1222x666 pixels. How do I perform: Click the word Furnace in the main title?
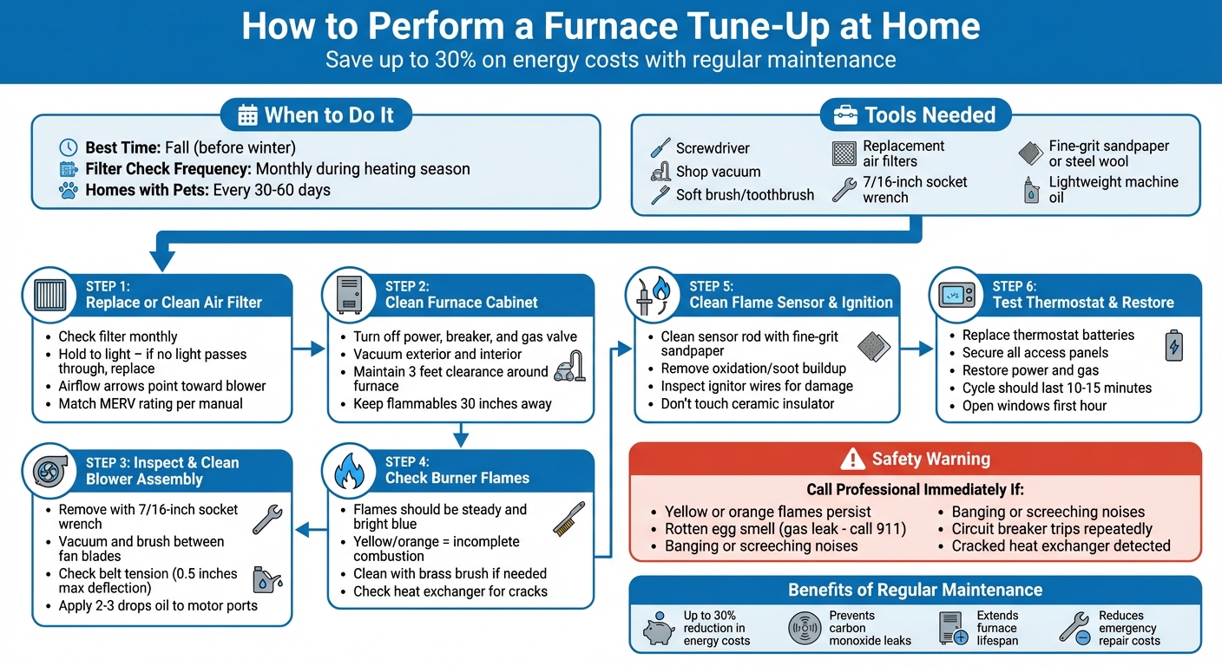point(607,26)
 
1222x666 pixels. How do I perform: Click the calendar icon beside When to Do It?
point(247,115)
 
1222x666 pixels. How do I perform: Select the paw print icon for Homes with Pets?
point(68,190)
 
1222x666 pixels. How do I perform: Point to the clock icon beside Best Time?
point(68,147)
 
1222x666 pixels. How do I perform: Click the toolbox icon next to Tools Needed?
point(845,115)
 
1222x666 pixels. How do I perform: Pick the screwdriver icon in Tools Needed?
point(660,148)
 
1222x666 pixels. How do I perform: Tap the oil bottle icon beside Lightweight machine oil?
point(1030,190)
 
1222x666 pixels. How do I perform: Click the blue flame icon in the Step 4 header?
point(348,471)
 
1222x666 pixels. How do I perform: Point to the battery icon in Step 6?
point(1173,344)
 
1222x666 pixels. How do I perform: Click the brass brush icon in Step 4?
point(569,518)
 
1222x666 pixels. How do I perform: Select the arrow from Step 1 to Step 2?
point(308,349)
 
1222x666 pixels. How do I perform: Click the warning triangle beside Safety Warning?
point(853,459)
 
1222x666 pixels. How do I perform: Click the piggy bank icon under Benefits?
point(659,629)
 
